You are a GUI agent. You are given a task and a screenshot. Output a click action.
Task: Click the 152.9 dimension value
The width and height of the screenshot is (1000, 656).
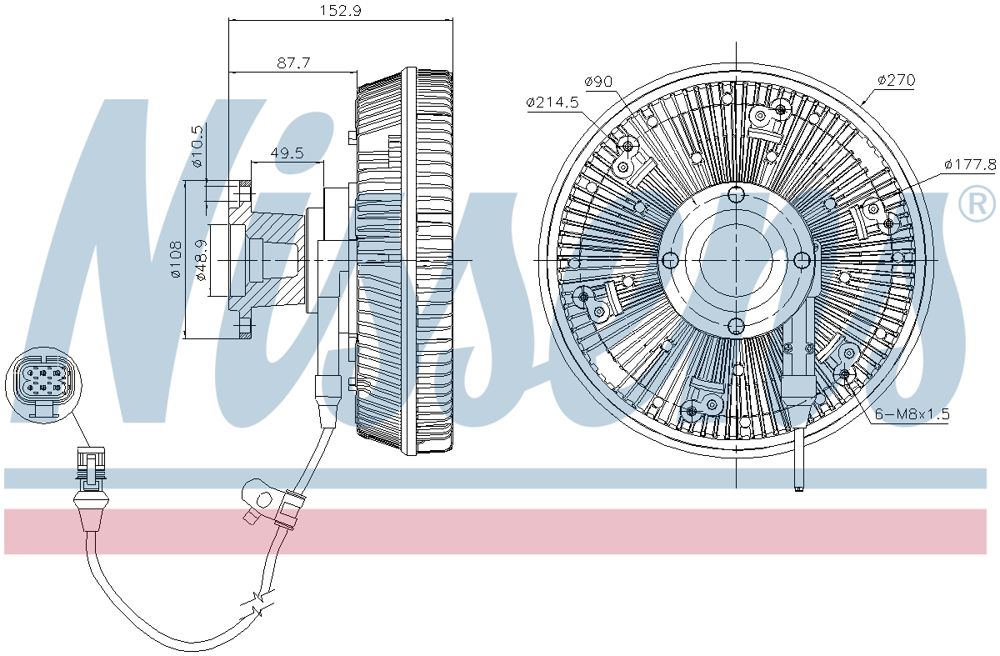point(340,10)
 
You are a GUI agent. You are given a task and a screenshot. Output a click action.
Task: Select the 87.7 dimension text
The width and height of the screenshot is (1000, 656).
point(293,63)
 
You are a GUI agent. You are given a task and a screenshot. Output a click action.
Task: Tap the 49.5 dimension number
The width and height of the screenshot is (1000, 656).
point(287,153)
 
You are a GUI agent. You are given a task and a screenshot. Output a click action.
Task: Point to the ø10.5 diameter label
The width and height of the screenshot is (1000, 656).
point(197,146)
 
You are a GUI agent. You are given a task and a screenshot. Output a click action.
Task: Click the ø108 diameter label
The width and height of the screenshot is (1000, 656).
point(177,259)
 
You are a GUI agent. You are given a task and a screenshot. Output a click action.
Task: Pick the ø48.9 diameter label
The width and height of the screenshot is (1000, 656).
point(202,260)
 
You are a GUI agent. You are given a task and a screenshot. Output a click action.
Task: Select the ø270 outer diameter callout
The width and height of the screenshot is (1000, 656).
point(896,80)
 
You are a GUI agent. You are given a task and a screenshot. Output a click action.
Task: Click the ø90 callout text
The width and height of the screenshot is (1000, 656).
point(598,82)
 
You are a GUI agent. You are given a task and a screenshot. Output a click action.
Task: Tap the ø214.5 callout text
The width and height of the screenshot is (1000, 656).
point(552,103)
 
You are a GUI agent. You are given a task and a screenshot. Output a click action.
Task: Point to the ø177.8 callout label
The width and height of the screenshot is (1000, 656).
point(970,165)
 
